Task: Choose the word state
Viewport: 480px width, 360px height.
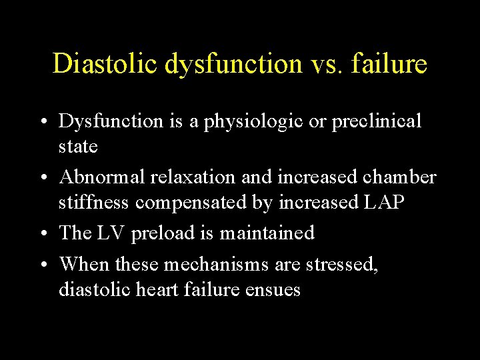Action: click(x=78, y=147)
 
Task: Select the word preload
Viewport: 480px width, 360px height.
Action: click(x=163, y=233)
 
